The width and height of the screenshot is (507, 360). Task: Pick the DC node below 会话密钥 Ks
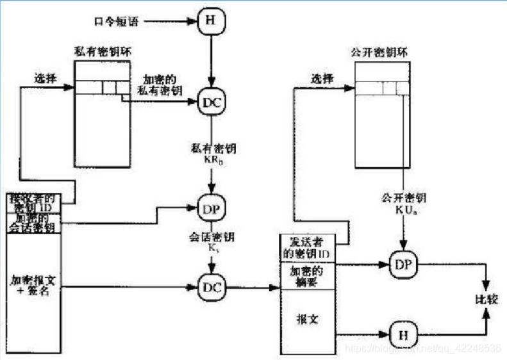tap(211, 288)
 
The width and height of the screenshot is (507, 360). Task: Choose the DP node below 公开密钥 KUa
tap(403, 264)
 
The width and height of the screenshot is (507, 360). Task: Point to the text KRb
tap(211, 157)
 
